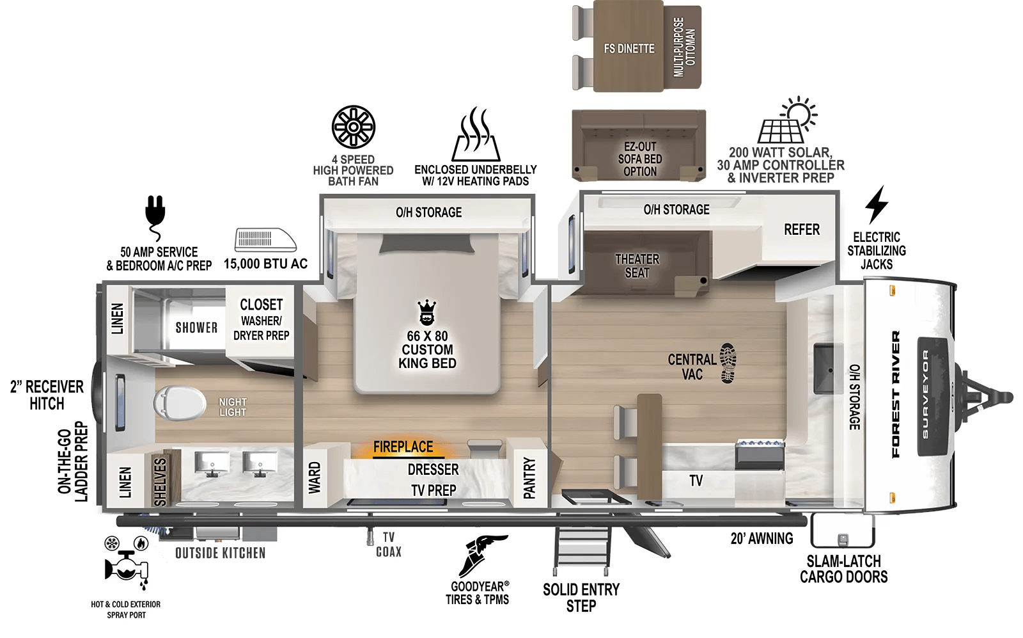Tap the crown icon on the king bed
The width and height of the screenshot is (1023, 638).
pyautogui.click(x=426, y=312)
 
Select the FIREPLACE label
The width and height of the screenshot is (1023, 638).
pyautogui.click(x=403, y=447)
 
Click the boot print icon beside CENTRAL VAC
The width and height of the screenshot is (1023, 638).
pyautogui.click(x=728, y=363)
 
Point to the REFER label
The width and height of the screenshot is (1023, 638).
pyautogui.click(x=801, y=230)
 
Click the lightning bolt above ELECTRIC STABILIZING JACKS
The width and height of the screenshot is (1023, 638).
pyautogui.click(x=876, y=205)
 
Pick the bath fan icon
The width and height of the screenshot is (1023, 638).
pyautogui.click(x=354, y=127)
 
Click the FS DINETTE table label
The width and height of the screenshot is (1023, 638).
pyautogui.click(x=629, y=49)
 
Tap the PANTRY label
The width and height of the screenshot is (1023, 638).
pyautogui.click(x=529, y=477)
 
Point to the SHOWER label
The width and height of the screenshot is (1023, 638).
pyautogui.click(x=196, y=328)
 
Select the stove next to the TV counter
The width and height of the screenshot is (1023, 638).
pyautogui.click(x=760, y=454)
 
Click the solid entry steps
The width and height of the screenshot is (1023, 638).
pyautogui.click(x=581, y=549)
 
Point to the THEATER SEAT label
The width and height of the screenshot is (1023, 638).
pyautogui.click(x=637, y=266)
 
